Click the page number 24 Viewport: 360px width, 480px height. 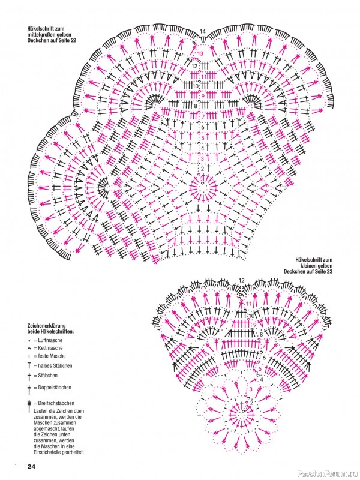32,467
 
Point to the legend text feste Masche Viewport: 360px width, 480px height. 52,356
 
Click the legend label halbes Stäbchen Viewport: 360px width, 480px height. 55,366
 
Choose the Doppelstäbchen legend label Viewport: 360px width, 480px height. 55,388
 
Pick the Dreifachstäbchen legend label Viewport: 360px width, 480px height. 56,403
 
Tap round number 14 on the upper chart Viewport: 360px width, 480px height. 203,32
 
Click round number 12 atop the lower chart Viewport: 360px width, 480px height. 242,280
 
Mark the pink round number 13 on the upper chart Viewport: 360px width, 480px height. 200,53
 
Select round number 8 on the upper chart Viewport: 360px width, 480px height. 196,106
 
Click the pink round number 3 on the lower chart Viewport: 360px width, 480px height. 251,389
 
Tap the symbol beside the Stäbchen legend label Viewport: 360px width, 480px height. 29,376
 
